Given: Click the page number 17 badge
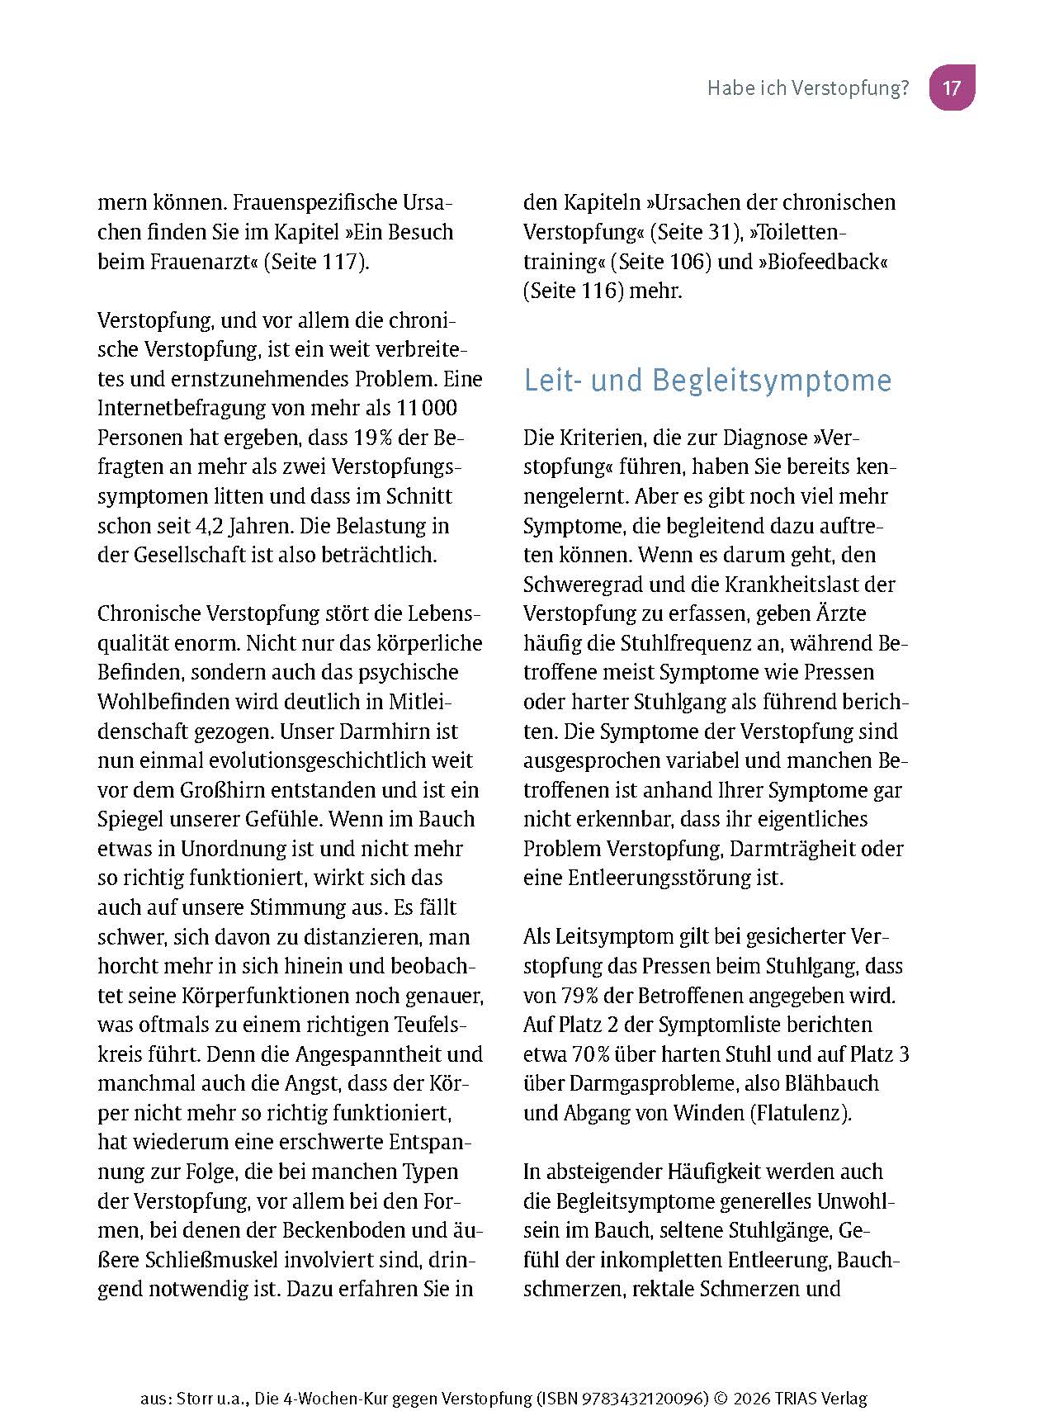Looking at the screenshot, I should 952,88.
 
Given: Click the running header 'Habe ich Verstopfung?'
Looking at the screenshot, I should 807,88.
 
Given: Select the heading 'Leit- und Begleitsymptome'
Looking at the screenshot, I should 707,380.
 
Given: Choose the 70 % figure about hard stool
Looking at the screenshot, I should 590,1054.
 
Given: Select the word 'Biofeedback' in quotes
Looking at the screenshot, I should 827,262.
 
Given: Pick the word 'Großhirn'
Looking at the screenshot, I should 222,790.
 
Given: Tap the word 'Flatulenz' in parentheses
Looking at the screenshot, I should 798,1113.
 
